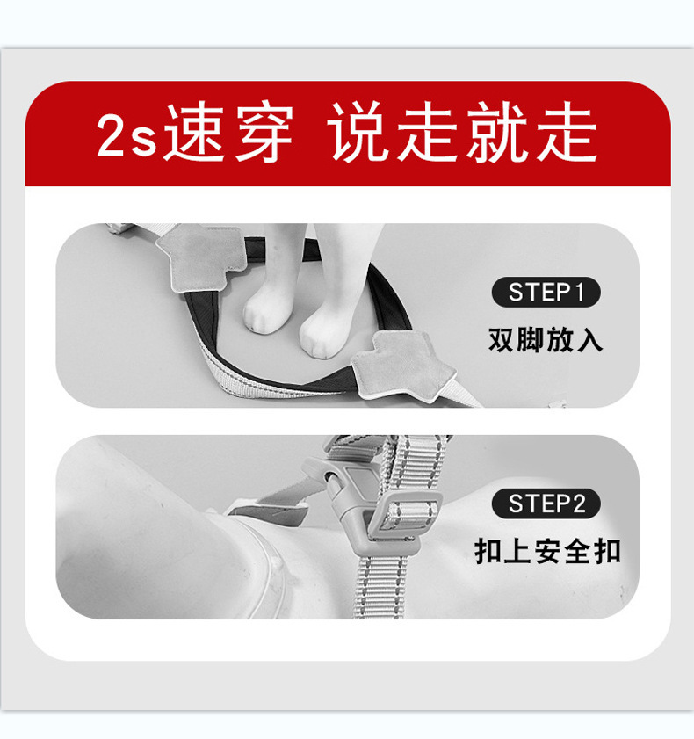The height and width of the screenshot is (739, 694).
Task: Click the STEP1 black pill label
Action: pyautogui.click(x=546, y=293)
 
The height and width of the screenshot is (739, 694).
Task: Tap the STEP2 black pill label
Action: pyautogui.click(x=546, y=504)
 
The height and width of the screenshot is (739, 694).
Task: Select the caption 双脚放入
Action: pyautogui.click(x=546, y=340)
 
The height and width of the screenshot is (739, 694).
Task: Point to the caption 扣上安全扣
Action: pyautogui.click(x=547, y=551)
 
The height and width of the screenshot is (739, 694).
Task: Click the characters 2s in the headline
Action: pyautogui.click(x=127, y=135)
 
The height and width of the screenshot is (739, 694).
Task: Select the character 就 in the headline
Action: pyautogui.click(x=498, y=133)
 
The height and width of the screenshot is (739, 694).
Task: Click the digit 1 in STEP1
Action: pyautogui.click(x=579, y=293)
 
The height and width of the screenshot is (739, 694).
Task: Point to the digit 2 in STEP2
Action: pyautogui.click(x=578, y=504)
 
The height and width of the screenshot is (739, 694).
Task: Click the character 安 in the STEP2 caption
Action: pyautogui.click(x=547, y=551)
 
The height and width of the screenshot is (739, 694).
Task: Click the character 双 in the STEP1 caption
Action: pyautogui.click(x=502, y=340)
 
